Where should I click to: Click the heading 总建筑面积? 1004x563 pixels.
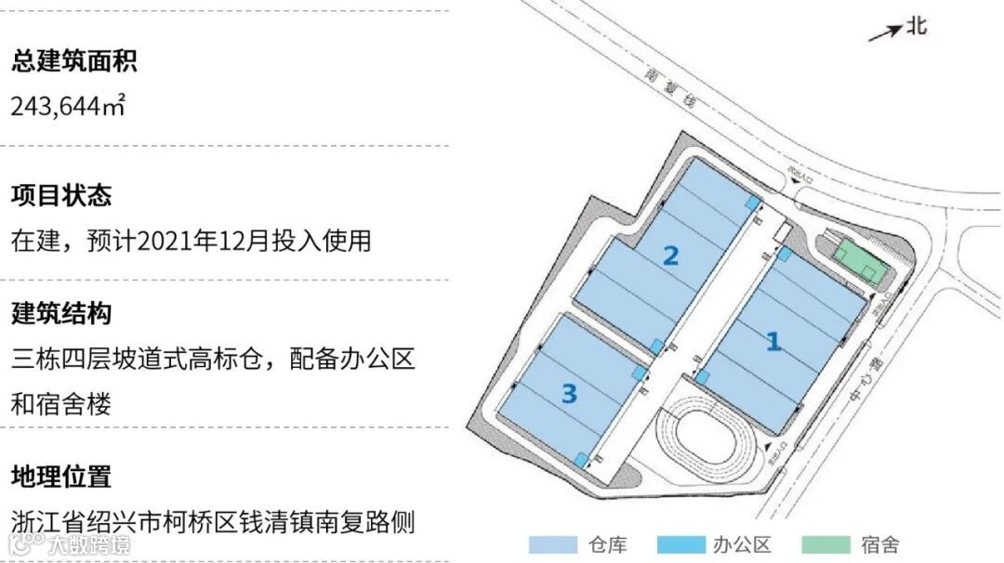[x=74, y=63]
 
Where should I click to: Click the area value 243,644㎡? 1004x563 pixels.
[x=67, y=106]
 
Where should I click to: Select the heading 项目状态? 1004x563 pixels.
[x=61, y=196]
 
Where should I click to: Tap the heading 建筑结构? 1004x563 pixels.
[x=61, y=313]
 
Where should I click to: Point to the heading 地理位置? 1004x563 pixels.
[x=61, y=478]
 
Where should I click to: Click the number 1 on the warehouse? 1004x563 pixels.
[x=773, y=342]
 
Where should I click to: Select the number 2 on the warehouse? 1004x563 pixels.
[x=670, y=255]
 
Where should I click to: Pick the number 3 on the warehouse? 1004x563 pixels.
[x=569, y=394]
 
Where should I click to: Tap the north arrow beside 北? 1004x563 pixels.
[x=885, y=33]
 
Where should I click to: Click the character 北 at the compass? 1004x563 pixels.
[x=917, y=25]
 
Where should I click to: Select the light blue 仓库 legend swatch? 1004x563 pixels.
[x=552, y=544]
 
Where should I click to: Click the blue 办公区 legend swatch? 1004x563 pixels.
[x=680, y=544]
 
